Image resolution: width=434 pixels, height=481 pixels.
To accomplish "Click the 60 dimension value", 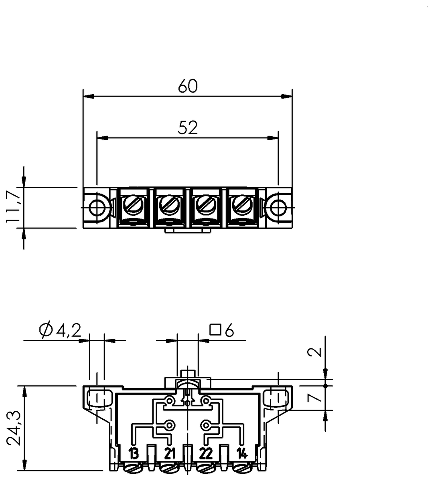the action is coord(188,86).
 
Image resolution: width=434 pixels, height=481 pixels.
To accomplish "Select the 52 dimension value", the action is coord(187,128).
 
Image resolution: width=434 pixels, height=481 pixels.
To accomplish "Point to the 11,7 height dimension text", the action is coord(13,207).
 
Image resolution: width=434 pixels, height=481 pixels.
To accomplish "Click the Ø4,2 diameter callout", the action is coord(60,331).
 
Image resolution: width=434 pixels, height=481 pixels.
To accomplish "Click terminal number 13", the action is coord(134,453).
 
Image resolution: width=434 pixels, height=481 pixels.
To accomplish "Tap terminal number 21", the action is coord(170,453).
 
